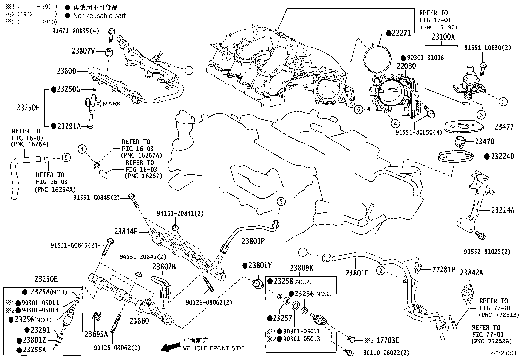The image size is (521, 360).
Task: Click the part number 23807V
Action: pyautogui.click(x=83, y=51)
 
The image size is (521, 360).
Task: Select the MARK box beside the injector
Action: pyautogui.click(x=112, y=104)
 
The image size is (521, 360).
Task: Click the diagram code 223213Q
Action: pyautogui.click(x=503, y=353)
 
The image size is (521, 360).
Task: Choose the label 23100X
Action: pyautogui.click(x=443, y=37)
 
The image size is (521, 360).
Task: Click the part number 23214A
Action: pyautogui.click(x=503, y=210)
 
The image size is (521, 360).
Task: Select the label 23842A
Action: pyautogui.click(x=472, y=272)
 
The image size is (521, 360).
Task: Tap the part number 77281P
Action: pyautogui.click(x=444, y=270)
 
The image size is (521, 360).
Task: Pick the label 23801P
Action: pyautogui.click(x=253, y=241)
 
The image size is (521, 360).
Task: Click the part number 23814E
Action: pyautogui.click(x=126, y=232)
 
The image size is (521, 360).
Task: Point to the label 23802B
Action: pyautogui.click(x=164, y=267)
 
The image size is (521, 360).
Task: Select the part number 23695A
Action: pyautogui.click(x=96, y=334)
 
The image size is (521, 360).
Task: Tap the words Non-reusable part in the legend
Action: pyautogui.click(x=99, y=15)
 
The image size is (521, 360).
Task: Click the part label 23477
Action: pyautogui.click(x=504, y=127)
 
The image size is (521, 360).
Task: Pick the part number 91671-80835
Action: pyautogui.click(x=71, y=31)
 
